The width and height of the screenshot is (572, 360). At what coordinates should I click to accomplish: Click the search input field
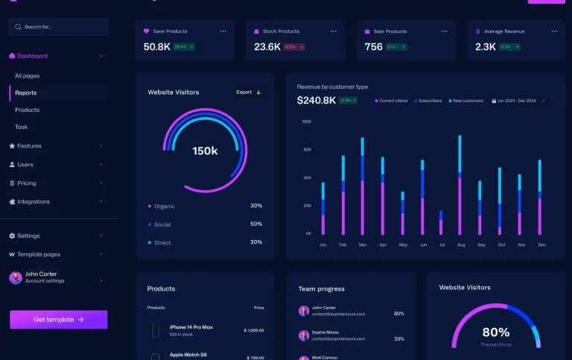pos(58,27)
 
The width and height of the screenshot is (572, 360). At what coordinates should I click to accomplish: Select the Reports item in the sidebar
pos(26,93)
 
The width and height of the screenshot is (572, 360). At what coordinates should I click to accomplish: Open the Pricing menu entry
pos(27,183)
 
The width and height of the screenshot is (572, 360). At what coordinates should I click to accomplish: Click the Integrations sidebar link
pos(34,202)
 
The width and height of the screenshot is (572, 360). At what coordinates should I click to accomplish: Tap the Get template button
pos(58,320)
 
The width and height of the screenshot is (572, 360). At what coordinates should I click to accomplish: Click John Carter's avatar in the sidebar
pos(16,278)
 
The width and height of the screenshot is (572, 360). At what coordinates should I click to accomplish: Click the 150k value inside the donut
pos(205,151)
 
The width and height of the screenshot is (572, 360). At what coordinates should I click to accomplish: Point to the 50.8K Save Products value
pos(156,47)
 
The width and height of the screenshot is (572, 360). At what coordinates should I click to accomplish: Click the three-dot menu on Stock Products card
pos(333,31)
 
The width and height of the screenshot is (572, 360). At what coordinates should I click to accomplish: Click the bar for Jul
pos(440,223)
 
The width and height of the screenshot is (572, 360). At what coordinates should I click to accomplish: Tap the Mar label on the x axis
pos(363,244)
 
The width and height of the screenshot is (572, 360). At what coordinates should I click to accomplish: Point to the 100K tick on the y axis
pos(306,121)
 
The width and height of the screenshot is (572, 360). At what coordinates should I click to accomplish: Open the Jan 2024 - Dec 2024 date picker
pos(518,101)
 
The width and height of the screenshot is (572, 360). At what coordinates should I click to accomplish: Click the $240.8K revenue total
pos(316,101)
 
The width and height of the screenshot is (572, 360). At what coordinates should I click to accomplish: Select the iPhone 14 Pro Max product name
pos(191,327)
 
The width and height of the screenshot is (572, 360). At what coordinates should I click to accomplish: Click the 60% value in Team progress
pos(399,314)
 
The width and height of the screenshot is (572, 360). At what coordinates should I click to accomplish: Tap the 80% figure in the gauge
pos(495,332)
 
